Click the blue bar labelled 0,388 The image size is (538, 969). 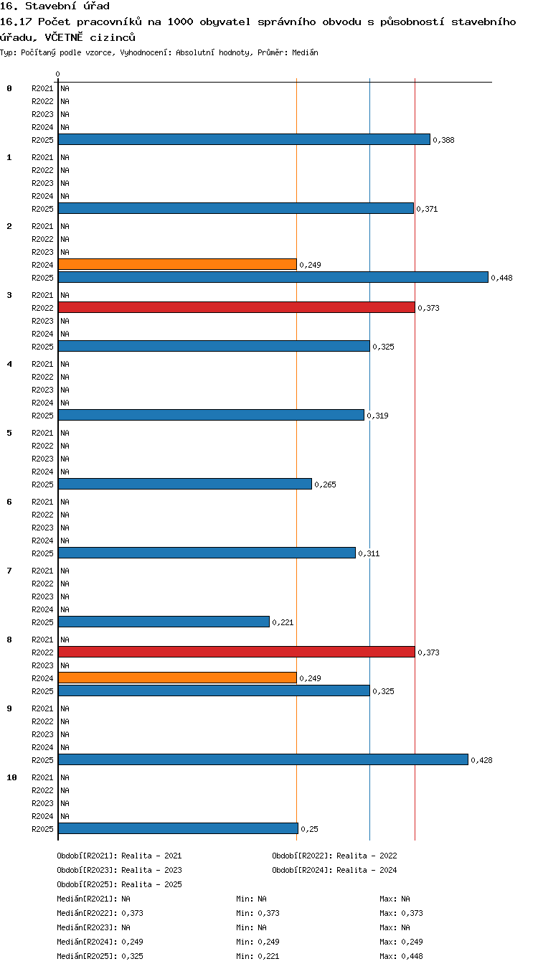coord(244,139)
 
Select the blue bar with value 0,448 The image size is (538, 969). coord(273,277)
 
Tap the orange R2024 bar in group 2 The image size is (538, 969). coord(177,264)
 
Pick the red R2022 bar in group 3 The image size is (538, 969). coord(237,308)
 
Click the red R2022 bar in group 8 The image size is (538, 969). coord(237,652)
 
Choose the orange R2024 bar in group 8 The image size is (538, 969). coord(177,678)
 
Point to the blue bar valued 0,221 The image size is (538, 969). coord(164,622)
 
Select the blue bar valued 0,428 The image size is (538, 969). coord(263,759)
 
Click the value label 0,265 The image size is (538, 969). coord(325,484)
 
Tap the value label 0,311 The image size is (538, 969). coord(369,553)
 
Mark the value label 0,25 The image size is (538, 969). coord(309,829)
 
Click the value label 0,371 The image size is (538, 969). coord(427,209)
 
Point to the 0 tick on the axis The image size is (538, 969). coord(57,75)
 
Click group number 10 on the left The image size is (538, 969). coord(11,777)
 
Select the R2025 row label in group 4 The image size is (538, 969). coord(42,416)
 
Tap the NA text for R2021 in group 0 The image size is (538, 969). coord(65,88)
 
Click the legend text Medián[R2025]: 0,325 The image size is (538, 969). coord(100,956)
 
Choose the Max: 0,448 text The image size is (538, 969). coord(401,956)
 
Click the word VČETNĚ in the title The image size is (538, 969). coord(64,37)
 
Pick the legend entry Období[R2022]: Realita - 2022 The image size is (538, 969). coord(334,856)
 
